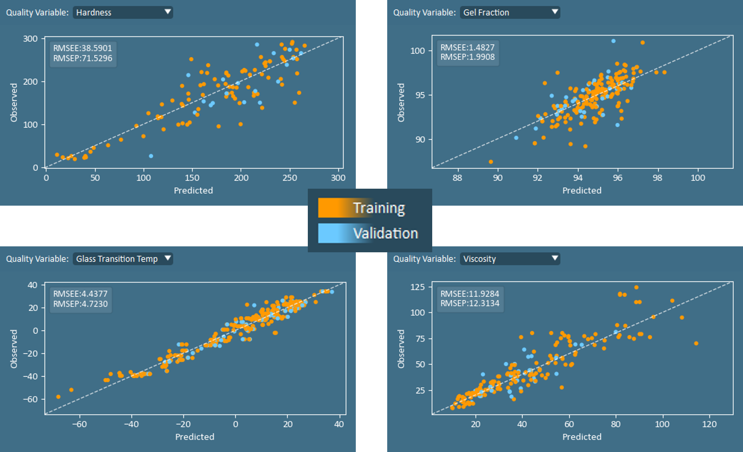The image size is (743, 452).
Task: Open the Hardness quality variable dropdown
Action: coord(123,12)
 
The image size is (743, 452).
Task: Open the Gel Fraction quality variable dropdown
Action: coord(510,12)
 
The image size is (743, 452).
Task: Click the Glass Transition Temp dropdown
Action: coord(123,259)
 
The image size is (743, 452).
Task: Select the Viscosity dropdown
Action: coord(510,259)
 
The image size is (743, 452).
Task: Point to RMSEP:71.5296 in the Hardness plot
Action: coord(83,59)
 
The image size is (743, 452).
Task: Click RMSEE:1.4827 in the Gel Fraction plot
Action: coord(467,47)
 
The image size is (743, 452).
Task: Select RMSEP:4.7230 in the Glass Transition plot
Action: coord(80,304)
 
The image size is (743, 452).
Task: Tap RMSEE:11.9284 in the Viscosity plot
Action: coord(470,293)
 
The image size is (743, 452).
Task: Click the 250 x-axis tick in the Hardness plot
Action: coord(290,178)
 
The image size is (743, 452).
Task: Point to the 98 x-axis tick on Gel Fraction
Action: coord(657,178)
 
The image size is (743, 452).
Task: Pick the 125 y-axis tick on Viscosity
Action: coord(417,287)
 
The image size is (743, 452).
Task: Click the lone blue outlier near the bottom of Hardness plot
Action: coord(151,156)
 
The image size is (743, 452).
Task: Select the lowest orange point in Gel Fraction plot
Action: coord(491,162)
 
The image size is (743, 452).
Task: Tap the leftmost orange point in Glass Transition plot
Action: coord(58,397)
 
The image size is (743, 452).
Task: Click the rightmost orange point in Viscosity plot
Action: coord(696,343)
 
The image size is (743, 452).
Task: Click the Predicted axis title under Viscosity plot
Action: coord(582,437)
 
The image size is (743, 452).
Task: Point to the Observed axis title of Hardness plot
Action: coord(14,103)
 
